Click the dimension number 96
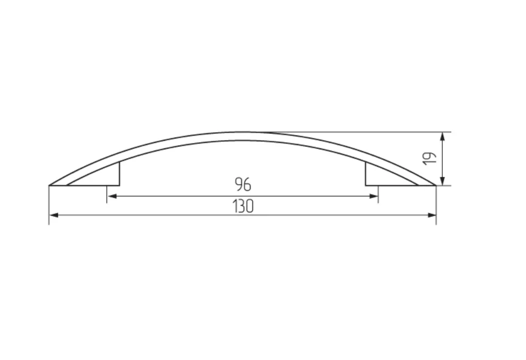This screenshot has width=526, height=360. tap(243, 184)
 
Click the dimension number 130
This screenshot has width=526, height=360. tap(243, 206)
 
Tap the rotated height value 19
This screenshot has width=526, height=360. tap(430, 159)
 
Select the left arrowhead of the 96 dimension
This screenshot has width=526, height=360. tap(112, 197)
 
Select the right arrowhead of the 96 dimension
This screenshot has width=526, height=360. tap(373, 197)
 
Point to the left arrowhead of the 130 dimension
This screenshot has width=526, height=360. tap(54, 215)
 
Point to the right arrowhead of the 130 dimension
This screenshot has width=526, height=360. tap(431, 215)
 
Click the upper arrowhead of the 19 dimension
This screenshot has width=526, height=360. tap(443, 137)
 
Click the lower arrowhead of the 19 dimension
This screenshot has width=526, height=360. tap(443, 180)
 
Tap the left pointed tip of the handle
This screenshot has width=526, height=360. tap(50, 185)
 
